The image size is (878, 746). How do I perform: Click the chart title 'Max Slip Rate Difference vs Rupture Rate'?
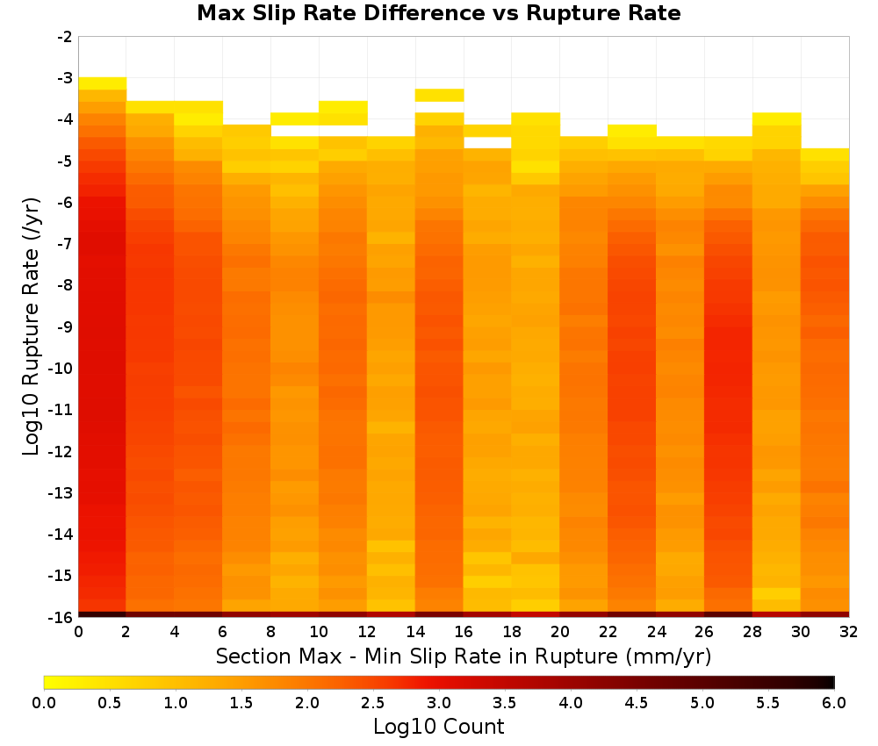pyautogui.click(x=438, y=13)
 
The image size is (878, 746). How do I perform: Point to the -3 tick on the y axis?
pyautogui.click(x=65, y=78)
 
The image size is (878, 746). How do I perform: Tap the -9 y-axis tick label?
pyautogui.click(x=65, y=326)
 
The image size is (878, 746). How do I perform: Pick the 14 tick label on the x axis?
pyautogui.click(x=415, y=632)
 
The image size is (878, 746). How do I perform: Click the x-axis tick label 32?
pyautogui.click(x=849, y=632)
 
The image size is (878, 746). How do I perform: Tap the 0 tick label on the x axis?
pyautogui.click(x=78, y=632)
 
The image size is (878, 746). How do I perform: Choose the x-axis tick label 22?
pyautogui.click(x=608, y=632)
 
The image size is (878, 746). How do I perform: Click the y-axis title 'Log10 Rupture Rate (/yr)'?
pyautogui.click(x=32, y=326)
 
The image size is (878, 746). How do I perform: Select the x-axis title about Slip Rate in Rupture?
pyautogui.click(x=464, y=656)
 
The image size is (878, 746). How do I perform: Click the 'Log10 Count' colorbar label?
pyautogui.click(x=438, y=727)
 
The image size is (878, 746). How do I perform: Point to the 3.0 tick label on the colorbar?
pyautogui.click(x=439, y=703)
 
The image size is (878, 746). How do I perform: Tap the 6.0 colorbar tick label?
pyautogui.click(x=834, y=703)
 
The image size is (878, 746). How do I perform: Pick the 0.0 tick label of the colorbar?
pyautogui.click(x=44, y=703)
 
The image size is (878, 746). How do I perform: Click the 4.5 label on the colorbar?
pyautogui.click(x=636, y=703)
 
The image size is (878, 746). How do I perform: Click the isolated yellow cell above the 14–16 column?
pyautogui.click(x=439, y=95)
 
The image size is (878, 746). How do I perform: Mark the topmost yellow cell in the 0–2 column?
pyautogui.click(x=103, y=83)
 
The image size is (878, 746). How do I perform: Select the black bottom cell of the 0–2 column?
pyautogui.click(x=103, y=614)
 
